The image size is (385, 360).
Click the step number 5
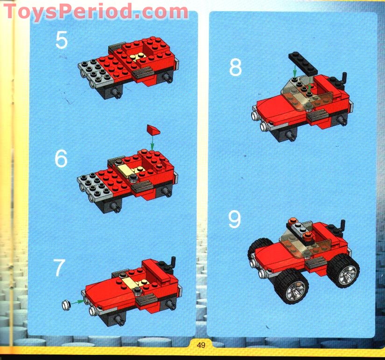[x=61, y=40]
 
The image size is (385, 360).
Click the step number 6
[x=61, y=159]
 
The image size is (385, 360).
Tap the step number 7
[x=59, y=269]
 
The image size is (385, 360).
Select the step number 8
[x=235, y=68]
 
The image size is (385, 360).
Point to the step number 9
[x=235, y=219]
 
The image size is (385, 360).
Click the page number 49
[x=201, y=345]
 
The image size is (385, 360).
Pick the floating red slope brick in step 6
[x=153, y=129]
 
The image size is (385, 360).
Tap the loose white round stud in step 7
[x=67, y=305]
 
